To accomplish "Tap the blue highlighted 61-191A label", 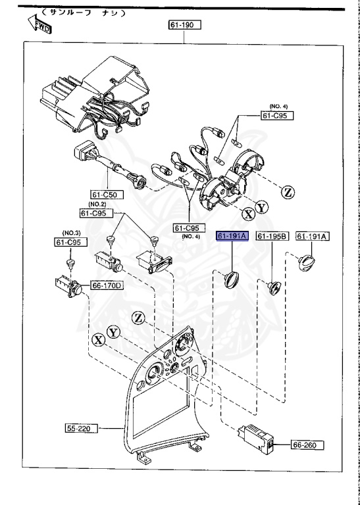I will pos(232,236).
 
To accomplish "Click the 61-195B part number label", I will pos(272,236).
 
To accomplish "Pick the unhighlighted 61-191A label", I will pos(313,236).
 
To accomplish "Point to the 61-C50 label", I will pos(107,195).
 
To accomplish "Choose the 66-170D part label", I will pos(107,285).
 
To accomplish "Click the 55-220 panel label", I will pos(81,429).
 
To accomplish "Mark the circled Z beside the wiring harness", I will pos(287,192).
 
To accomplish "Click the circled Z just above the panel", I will pos(138,318).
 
